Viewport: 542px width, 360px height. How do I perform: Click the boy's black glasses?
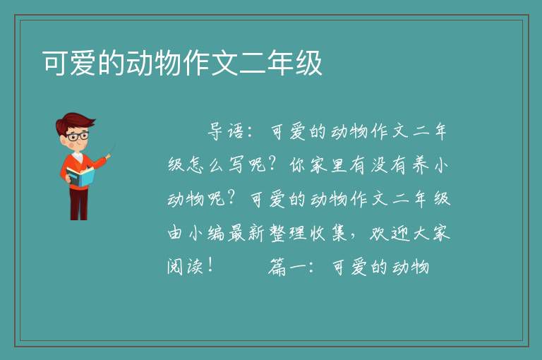click(x=78, y=136)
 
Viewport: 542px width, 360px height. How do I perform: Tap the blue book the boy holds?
click(x=80, y=176)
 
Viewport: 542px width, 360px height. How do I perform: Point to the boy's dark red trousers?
click(x=79, y=204)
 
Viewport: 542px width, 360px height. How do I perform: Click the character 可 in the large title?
click(x=56, y=63)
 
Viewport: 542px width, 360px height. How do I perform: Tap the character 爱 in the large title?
click(x=83, y=63)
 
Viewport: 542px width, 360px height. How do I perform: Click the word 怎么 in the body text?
click(x=207, y=164)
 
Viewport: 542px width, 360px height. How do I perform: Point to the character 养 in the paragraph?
click(x=421, y=164)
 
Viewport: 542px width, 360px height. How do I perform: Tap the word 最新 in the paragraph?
click(x=247, y=233)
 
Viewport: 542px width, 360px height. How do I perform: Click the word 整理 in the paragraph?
click(x=288, y=233)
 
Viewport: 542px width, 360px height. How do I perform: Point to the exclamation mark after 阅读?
click(x=210, y=265)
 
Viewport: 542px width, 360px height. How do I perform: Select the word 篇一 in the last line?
click(x=288, y=267)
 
